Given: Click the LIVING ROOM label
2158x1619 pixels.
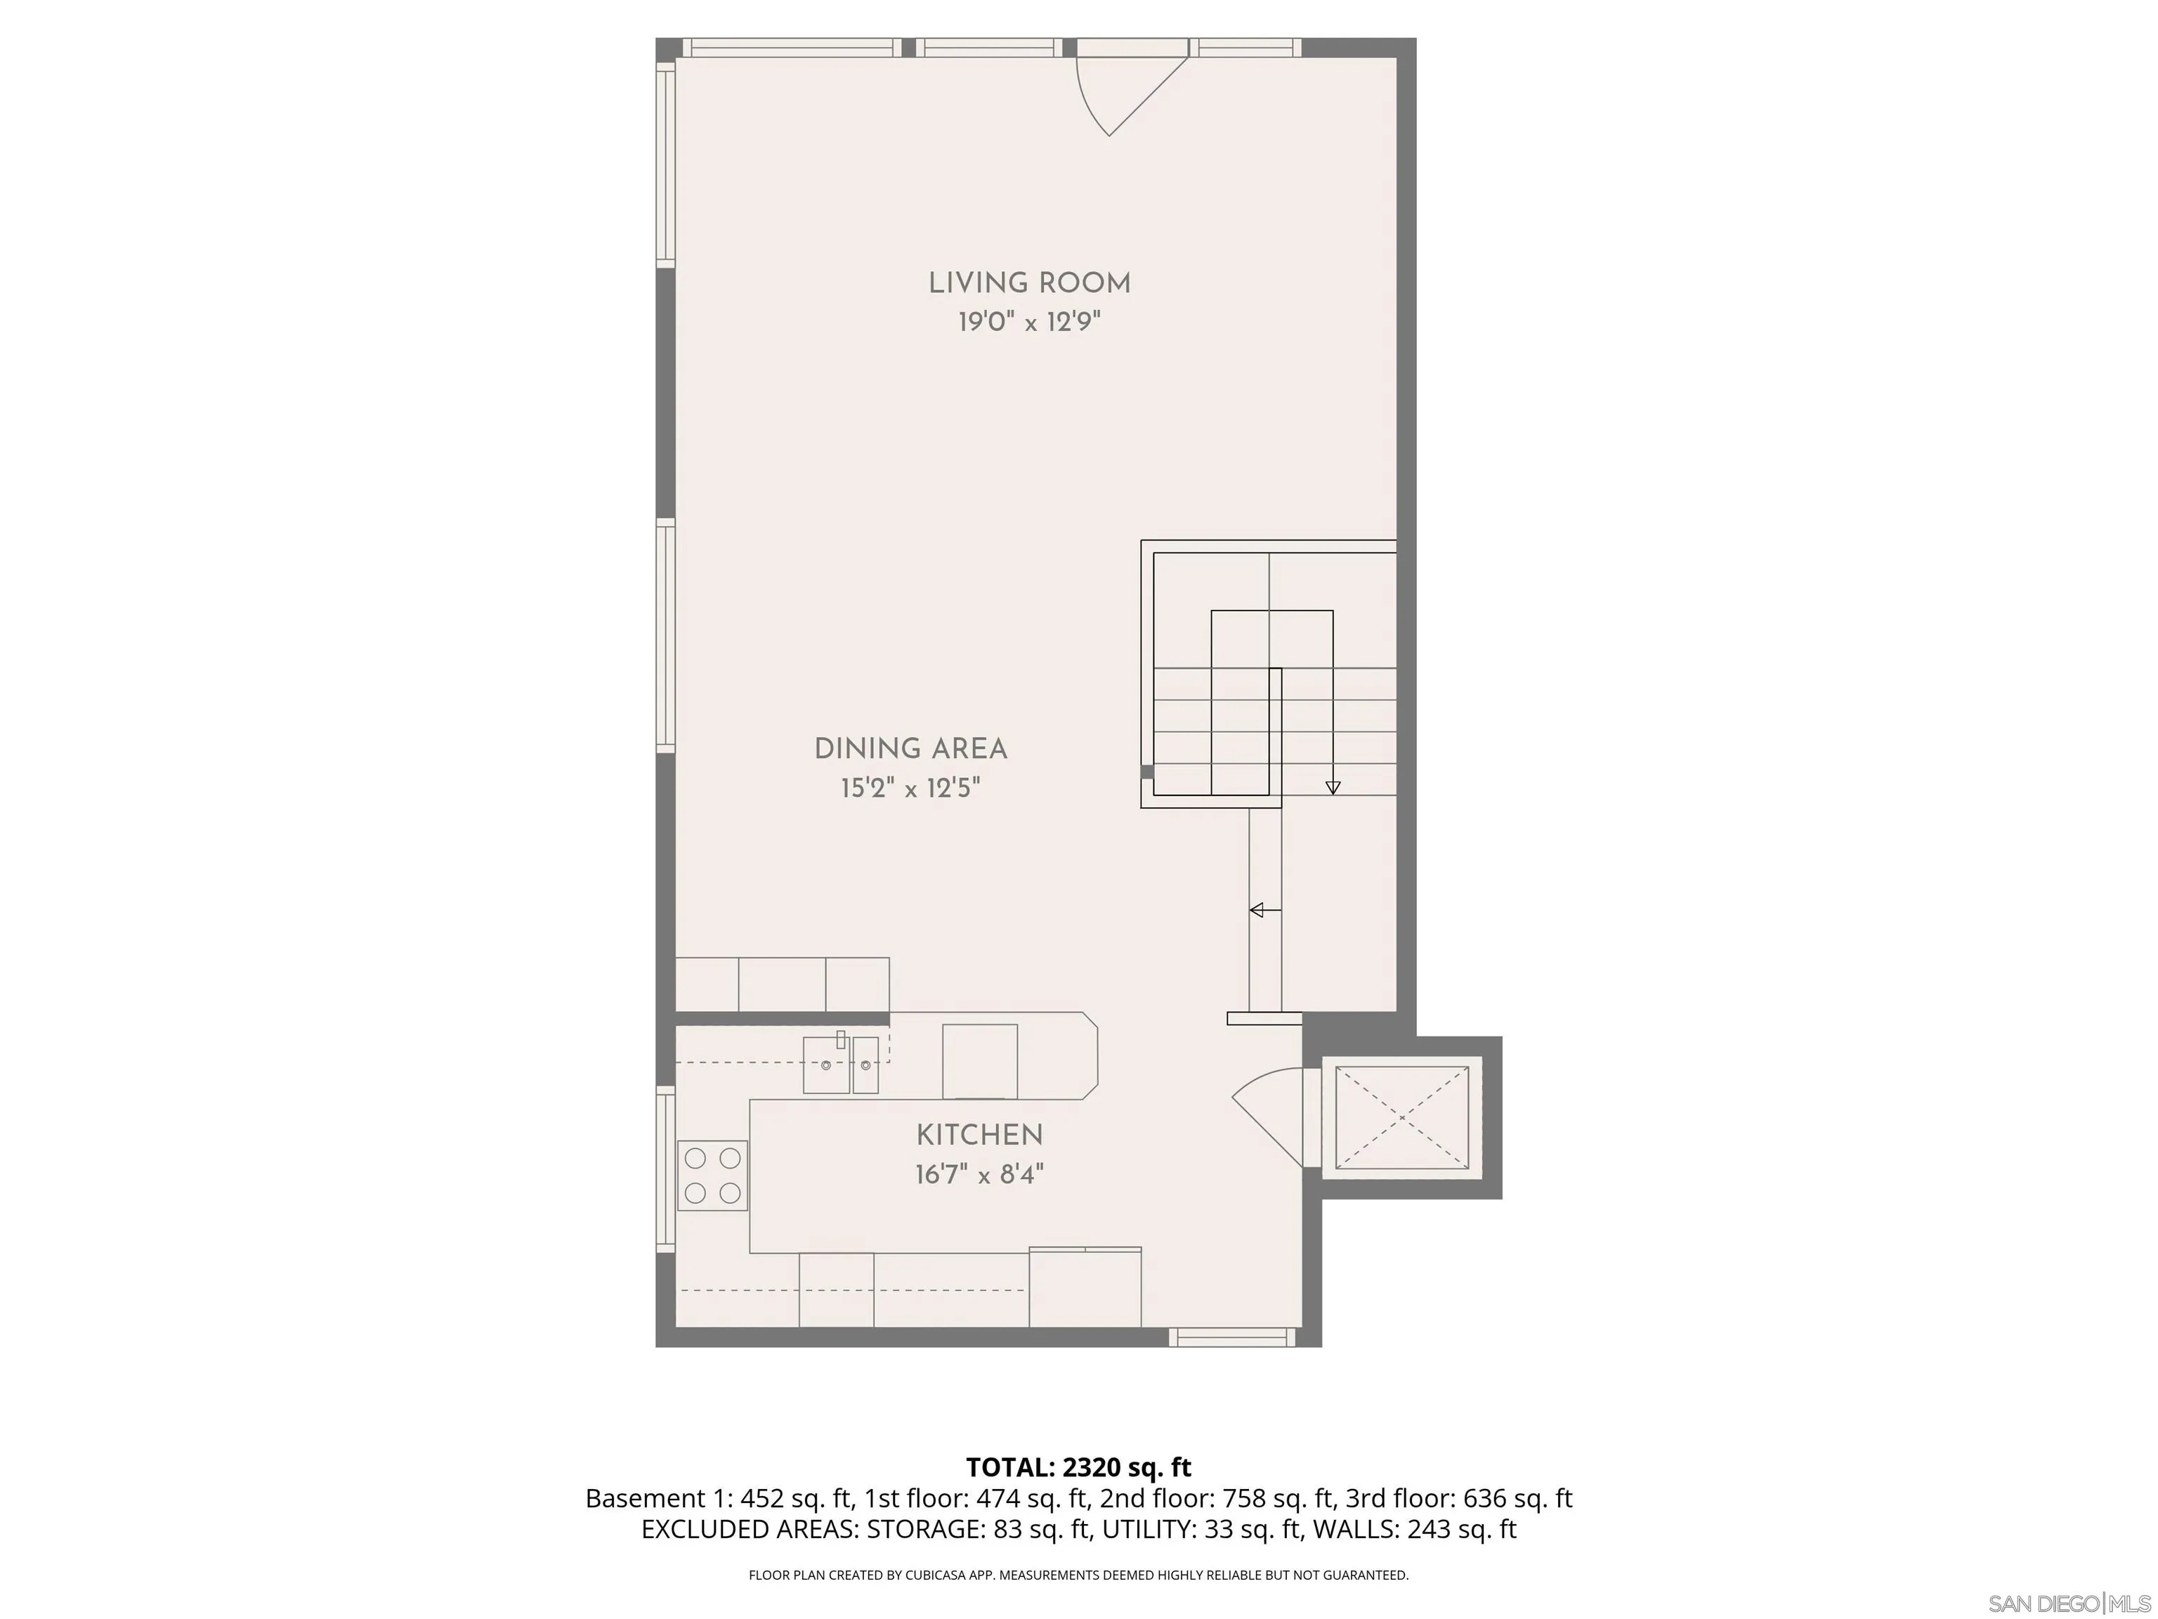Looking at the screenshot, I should coord(1029,284).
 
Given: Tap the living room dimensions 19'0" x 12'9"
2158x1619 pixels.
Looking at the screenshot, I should coord(1029,322).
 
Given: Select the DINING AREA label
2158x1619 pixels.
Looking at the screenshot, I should coord(910,750).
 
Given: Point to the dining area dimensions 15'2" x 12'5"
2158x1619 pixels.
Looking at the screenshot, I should coord(910,788).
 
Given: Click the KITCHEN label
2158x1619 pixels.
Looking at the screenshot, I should coord(979,1135).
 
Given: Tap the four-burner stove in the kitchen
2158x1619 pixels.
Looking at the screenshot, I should coord(712,1176).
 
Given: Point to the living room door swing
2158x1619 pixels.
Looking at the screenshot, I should coord(1122,93).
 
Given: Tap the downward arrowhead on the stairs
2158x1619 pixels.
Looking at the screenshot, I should coord(1333,788).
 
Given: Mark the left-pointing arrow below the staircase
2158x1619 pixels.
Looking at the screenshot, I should coord(1260,911).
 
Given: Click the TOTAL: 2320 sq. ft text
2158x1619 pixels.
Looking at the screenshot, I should coord(1078,1467).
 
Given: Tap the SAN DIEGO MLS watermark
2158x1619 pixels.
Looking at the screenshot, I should coord(2068,1604).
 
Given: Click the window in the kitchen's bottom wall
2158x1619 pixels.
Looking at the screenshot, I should coord(1233,1338).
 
